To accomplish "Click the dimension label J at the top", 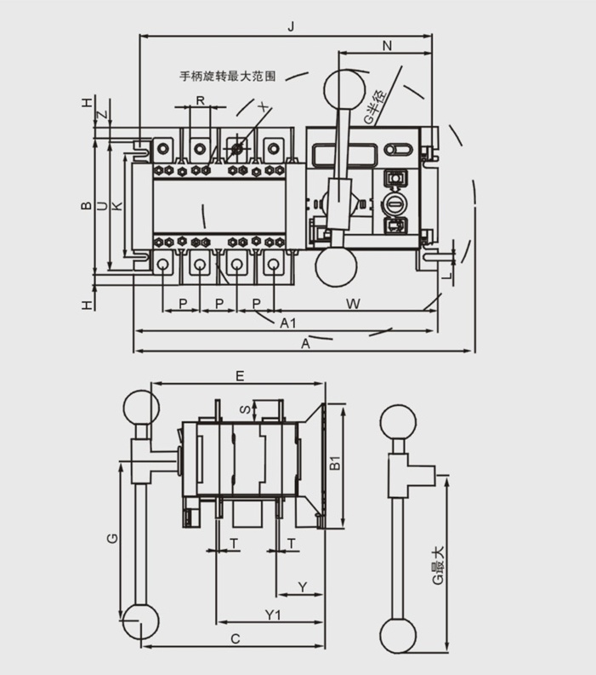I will pyautogui.click(x=291, y=26).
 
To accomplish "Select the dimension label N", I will pyautogui.click(x=387, y=47).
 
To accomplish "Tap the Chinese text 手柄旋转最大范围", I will pyautogui.click(x=227, y=76).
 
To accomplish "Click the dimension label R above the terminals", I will pyautogui.click(x=199, y=100).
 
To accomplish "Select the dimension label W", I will pyautogui.click(x=355, y=302).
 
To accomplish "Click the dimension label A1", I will pyautogui.click(x=287, y=323).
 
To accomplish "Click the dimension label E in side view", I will pyautogui.click(x=240, y=375).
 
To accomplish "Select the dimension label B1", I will pyautogui.click(x=335, y=464).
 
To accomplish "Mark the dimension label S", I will pyautogui.click(x=242, y=410).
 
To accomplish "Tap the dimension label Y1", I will pyautogui.click(x=272, y=614).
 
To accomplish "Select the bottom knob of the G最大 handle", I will pyautogui.click(x=398, y=634).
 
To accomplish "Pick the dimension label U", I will pyautogui.click(x=101, y=206).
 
